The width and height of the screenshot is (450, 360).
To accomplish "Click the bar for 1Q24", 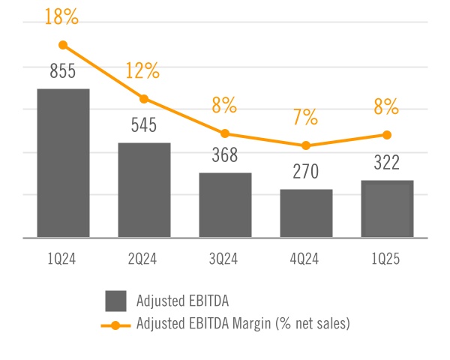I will coord(63,163).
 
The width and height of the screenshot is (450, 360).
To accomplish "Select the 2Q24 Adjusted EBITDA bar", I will coord(144,190).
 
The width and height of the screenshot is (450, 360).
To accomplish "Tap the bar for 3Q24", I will coord(225,205).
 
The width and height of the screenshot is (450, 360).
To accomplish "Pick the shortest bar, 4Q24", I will coord(306,213).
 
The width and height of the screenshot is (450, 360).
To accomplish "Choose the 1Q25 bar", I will coord(387,208).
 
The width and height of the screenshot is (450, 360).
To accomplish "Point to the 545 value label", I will coord(144,125).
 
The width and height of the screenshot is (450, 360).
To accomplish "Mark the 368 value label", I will coord(225,156).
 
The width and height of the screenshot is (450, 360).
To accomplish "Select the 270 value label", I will coord(306,172).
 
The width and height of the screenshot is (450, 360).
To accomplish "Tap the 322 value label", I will coord(387,163).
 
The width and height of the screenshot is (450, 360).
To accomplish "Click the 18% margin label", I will coord(63,17).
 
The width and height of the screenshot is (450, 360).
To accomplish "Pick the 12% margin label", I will coord(143,71).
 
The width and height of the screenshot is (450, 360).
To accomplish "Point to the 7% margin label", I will coord(306,117).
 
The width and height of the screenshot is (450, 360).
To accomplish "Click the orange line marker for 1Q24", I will coord(63,45).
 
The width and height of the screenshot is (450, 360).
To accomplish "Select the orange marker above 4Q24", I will coord(306,145).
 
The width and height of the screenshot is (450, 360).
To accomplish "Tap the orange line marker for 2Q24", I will coord(144,98).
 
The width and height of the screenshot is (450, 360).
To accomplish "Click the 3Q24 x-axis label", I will coord(225,259).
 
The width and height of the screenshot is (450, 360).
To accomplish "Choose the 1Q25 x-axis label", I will coord(387,259).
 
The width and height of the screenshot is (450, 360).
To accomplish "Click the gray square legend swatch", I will coord(115,301).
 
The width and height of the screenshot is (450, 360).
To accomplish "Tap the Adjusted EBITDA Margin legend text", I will coord(244,325).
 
